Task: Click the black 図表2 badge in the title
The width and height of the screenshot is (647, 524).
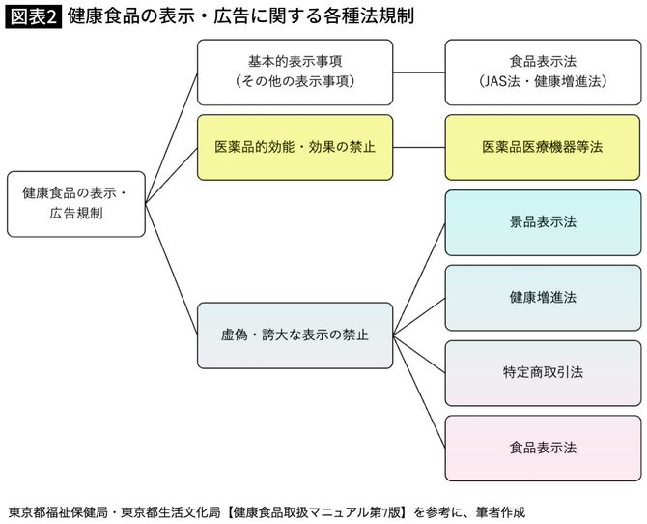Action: [x=33, y=16]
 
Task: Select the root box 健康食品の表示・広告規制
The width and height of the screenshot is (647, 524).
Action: [x=76, y=204]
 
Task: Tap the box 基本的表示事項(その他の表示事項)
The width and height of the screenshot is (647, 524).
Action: [x=295, y=72]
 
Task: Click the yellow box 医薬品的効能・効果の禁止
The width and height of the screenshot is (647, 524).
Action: [x=295, y=147]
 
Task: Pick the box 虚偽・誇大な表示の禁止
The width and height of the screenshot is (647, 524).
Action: [x=295, y=335]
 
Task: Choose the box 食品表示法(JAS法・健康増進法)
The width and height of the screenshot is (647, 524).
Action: [x=543, y=72]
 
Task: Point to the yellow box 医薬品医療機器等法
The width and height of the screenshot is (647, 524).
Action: [x=543, y=147]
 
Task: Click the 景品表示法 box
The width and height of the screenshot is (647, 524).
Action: [x=543, y=222]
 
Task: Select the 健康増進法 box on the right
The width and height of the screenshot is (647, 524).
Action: [x=543, y=297]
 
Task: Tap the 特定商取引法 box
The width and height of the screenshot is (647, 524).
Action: [x=543, y=372]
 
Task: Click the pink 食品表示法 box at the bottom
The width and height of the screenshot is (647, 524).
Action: [x=543, y=448]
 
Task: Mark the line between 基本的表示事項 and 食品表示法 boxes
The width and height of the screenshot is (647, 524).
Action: [x=419, y=72]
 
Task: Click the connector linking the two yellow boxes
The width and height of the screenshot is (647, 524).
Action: [x=419, y=147]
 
